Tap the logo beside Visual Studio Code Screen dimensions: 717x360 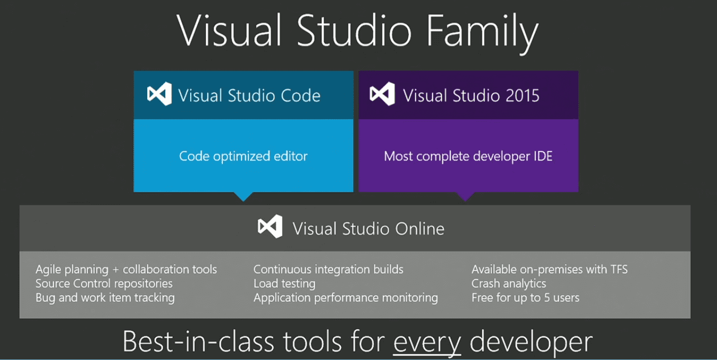click(x=159, y=94)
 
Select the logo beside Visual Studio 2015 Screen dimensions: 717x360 click(x=382, y=94)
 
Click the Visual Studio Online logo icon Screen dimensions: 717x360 click(x=270, y=227)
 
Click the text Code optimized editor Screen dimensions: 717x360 click(x=243, y=156)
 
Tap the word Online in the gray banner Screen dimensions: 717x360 click(x=419, y=229)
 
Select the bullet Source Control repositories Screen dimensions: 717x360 click(x=104, y=284)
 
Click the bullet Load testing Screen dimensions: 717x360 click(x=284, y=284)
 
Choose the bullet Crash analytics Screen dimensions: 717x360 click(x=508, y=284)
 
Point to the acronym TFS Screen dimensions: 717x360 click(x=619, y=269)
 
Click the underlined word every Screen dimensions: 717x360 click(x=427, y=343)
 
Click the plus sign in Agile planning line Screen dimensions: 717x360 click(x=115, y=270)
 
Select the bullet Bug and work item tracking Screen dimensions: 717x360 click(x=105, y=298)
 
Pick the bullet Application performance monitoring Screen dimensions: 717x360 click(x=346, y=298)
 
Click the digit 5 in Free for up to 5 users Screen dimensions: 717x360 click(x=547, y=298)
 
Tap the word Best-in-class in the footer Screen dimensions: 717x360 click(x=198, y=342)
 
